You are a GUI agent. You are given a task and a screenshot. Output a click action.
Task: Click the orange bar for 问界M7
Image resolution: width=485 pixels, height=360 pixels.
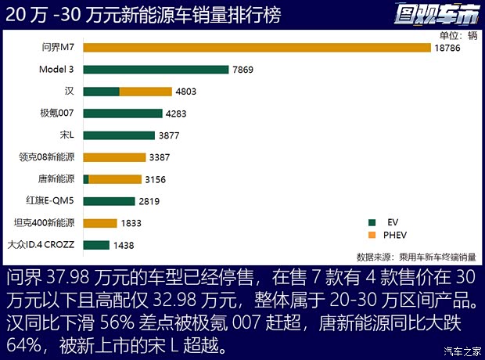(x=257, y=48)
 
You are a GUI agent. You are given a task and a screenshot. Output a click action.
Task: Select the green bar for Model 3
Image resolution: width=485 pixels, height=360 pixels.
(x=156, y=70)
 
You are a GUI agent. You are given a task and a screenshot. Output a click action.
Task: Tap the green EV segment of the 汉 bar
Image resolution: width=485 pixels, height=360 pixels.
(x=101, y=92)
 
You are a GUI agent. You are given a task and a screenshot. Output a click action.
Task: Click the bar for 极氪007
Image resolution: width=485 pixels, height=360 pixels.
(x=122, y=113)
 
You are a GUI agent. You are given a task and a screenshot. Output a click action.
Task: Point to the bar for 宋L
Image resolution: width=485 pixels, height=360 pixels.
(x=118, y=135)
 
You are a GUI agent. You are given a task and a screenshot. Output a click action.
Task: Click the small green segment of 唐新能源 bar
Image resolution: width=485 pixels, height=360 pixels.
(x=86, y=179)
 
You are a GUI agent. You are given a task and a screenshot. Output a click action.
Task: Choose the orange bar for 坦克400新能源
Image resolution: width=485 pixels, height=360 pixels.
(x=99, y=223)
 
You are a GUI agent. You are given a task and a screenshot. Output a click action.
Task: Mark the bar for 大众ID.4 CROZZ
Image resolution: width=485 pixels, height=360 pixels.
(x=95, y=245)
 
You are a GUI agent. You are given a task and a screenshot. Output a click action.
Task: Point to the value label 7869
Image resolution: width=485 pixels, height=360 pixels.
(x=242, y=70)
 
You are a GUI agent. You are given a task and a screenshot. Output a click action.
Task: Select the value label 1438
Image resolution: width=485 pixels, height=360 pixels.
(x=124, y=245)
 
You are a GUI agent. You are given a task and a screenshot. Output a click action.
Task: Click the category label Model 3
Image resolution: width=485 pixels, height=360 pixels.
(x=56, y=70)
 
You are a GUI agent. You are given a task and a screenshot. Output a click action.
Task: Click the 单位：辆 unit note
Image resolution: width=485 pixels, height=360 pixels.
(x=458, y=34)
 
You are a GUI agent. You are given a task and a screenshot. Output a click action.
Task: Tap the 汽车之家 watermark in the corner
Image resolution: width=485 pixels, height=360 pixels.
(x=458, y=350)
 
